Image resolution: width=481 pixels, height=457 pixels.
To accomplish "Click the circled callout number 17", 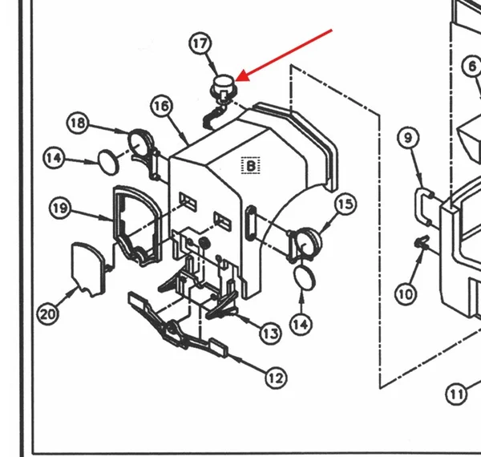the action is click(200, 43).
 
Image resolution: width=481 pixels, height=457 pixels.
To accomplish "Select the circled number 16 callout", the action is click(162, 106).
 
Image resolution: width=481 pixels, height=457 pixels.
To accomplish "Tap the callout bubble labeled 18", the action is click(78, 123).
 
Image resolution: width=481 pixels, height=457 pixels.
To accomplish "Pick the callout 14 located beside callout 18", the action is click(55, 158).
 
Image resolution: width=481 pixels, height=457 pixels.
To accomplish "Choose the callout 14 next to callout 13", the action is click(301, 325).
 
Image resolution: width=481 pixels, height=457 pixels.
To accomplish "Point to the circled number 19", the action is click(60, 208).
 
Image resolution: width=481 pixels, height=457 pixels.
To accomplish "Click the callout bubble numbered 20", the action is click(47, 314).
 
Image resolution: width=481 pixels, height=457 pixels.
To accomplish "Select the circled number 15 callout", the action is click(346, 204).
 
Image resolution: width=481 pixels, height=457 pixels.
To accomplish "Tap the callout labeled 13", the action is click(271, 334).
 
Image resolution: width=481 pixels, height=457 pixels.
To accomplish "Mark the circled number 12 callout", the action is click(276, 378).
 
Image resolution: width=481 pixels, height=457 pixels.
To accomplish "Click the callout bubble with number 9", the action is click(408, 138).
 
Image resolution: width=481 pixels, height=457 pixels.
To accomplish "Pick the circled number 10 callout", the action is click(406, 294).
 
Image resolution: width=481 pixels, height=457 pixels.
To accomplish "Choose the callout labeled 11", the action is click(457, 394).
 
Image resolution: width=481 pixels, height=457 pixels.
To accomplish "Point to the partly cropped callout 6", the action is click(472, 67).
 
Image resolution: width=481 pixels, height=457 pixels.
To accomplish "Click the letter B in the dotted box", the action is click(251, 166).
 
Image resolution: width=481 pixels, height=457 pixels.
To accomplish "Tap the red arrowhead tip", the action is click(236, 81).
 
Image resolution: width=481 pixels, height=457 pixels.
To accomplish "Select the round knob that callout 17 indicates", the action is click(224, 87).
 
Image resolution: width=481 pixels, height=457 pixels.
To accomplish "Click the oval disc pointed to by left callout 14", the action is click(108, 163).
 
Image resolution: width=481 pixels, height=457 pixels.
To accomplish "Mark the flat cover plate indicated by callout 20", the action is click(88, 269).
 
